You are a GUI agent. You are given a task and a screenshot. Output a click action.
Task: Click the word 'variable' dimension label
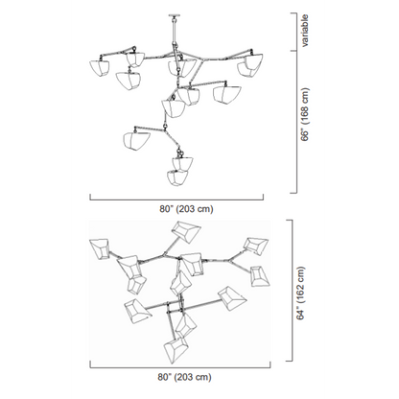click(x=305, y=31)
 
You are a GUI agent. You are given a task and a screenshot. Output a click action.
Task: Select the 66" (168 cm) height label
click(x=305, y=114)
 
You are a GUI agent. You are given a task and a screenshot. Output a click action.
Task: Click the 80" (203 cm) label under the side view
click(x=186, y=209)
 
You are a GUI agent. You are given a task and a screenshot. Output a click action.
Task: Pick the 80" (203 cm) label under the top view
click(x=184, y=377)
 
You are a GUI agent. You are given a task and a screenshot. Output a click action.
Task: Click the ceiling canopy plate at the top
click(x=174, y=14)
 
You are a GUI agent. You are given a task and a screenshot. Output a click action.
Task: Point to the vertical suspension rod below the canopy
click(x=174, y=30)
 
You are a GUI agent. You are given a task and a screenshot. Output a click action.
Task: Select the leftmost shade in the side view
click(x=99, y=68)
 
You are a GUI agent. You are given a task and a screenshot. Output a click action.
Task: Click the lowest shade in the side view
click(x=177, y=177)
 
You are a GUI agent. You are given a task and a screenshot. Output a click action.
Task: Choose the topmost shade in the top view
click(x=186, y=231)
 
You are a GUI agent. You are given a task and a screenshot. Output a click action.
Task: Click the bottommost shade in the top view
click(x=176, y=349)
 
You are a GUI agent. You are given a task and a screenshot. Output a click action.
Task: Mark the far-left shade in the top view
click(x=100, y=248)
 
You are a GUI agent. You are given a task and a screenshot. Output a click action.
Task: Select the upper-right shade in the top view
click(x=256, y=246)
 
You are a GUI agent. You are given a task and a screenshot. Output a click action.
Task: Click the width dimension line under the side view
click(x=176, y=199)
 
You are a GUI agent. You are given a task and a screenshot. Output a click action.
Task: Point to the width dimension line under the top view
click(x=180, y=367)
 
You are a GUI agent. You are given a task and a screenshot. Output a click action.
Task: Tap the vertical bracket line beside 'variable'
click(x=296, y=32)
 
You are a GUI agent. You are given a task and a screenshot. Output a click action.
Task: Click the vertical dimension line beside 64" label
click(x=292, y=291)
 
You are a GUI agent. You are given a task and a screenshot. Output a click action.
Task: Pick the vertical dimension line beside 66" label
click(x=296, y=122)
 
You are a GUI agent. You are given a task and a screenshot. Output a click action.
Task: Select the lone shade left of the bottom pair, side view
click(x=136, y=140)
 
